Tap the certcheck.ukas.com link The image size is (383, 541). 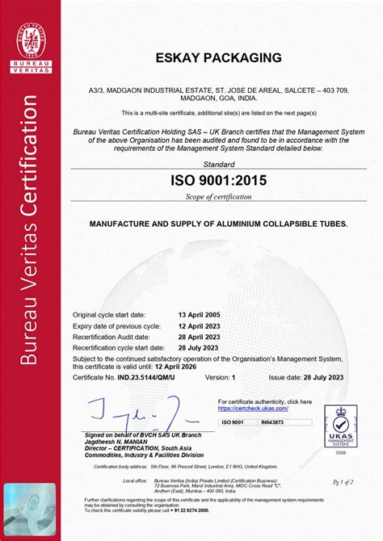251,409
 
